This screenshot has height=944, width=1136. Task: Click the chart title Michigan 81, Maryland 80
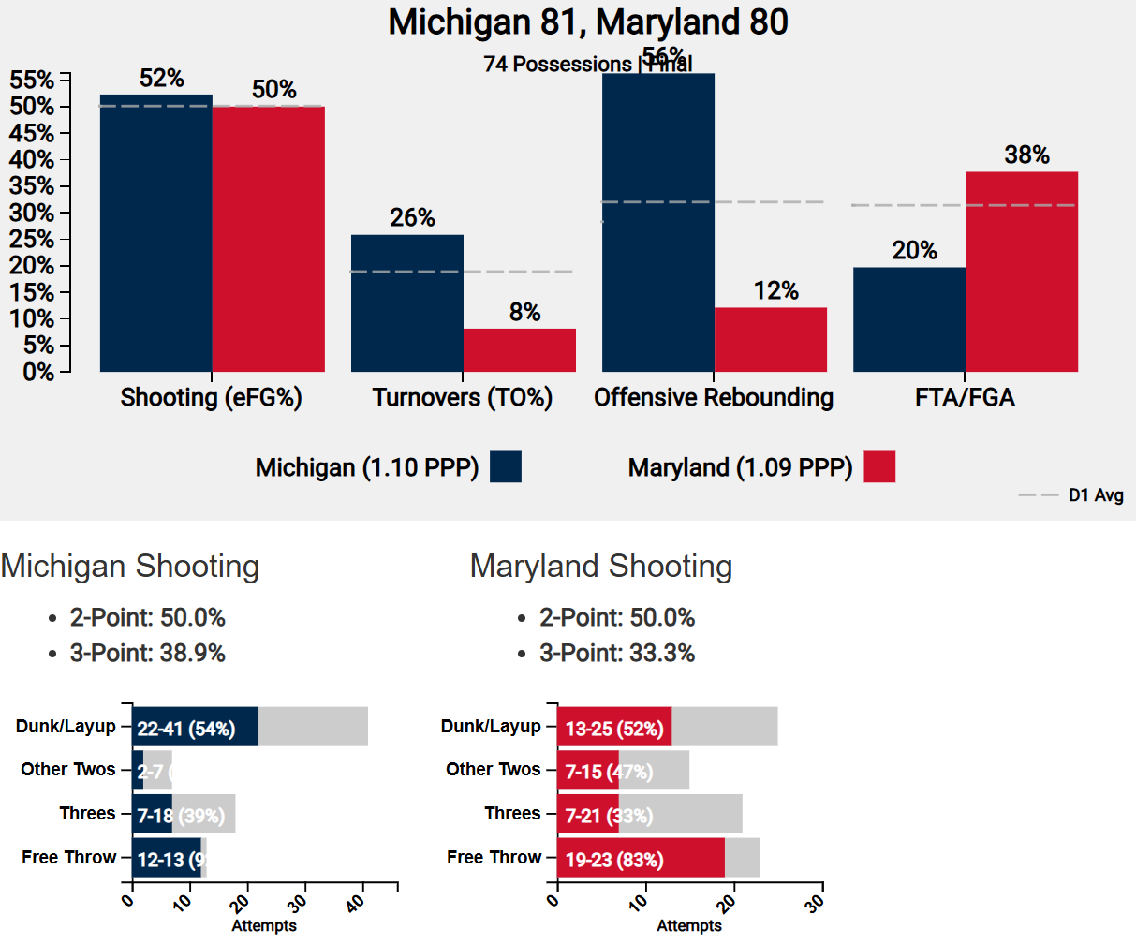pyautogui.click(x=588, y=22)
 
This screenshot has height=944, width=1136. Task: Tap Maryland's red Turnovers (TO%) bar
pyautogui.click(x=519, y=350)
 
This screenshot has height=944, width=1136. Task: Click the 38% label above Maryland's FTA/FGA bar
pyautogui.click(x=1026, y=155)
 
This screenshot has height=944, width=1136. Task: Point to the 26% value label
pyautogui.click(x=412, y=218)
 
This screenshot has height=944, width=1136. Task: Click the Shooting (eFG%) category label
pyautogui.click(x=211, y=398)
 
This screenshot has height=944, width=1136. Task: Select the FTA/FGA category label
pyautogui.click(x=965, y=398)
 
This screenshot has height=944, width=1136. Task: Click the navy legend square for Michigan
pyautogui.click(x=506, y=466)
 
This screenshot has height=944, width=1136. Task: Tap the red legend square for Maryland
pyautogui.click(x=879, y=466)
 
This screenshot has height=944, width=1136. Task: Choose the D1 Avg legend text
pyautogui.click(x=1096, y=495)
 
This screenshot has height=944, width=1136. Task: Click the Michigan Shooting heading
pyautogui.click(x=130, y=567)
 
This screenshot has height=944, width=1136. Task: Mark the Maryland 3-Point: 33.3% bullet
pyautogui.click(x=616, y=654)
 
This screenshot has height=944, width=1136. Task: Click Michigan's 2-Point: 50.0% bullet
pyautogui.click(x=147, y=618)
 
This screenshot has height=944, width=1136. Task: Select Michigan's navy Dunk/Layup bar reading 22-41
pyautogui.click(x=195, y=728)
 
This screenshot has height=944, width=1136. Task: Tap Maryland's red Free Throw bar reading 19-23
pyautogui.click(x=641, y=859)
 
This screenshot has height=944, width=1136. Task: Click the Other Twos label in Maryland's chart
pyautogui.click(x=493, y=770)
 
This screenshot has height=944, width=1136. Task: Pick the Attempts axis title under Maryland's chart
pyautogui.click(x=688, y=926)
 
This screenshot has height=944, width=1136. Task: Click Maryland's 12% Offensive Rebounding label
pyautogui.click(x=775, y=291)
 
